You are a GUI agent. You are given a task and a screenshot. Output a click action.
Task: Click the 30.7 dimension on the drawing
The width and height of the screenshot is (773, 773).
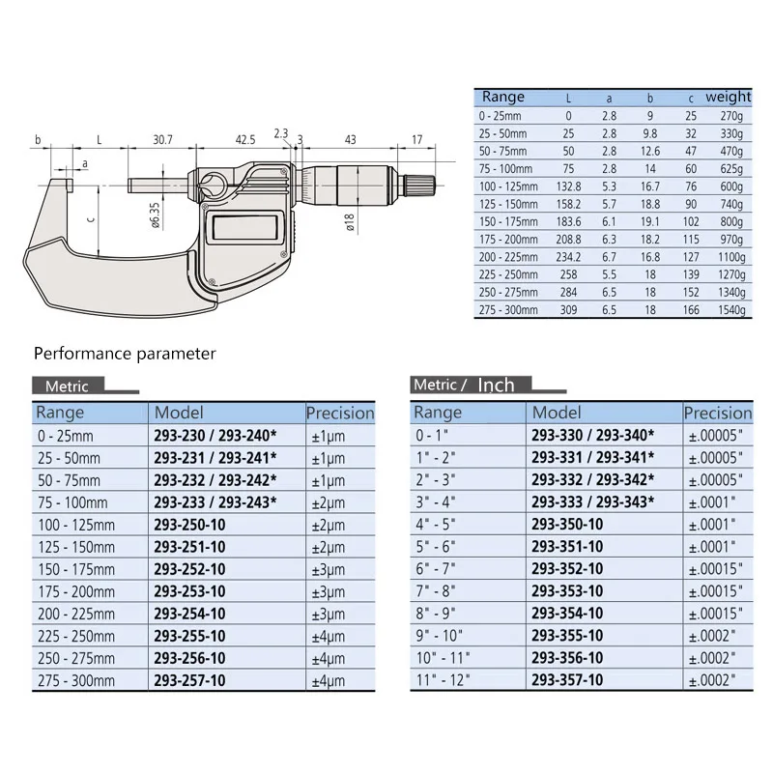161,140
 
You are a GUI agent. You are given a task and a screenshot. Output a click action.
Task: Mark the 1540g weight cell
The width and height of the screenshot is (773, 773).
731,310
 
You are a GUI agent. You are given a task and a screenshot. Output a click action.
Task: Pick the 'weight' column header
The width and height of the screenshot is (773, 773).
728,97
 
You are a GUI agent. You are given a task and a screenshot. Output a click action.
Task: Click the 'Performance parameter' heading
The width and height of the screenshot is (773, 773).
126,354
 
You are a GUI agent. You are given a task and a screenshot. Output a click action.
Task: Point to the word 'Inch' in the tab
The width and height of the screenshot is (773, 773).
495,386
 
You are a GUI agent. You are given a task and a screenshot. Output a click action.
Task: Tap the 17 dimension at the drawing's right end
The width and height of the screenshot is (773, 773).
416,140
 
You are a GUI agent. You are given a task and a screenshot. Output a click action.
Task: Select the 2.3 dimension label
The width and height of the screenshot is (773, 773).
280,131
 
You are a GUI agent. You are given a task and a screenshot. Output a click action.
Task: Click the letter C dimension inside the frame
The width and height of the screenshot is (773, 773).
93,219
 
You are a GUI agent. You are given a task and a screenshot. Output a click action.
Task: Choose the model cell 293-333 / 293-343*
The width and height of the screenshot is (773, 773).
592,501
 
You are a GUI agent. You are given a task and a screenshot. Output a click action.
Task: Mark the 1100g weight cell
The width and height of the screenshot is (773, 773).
731,258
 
